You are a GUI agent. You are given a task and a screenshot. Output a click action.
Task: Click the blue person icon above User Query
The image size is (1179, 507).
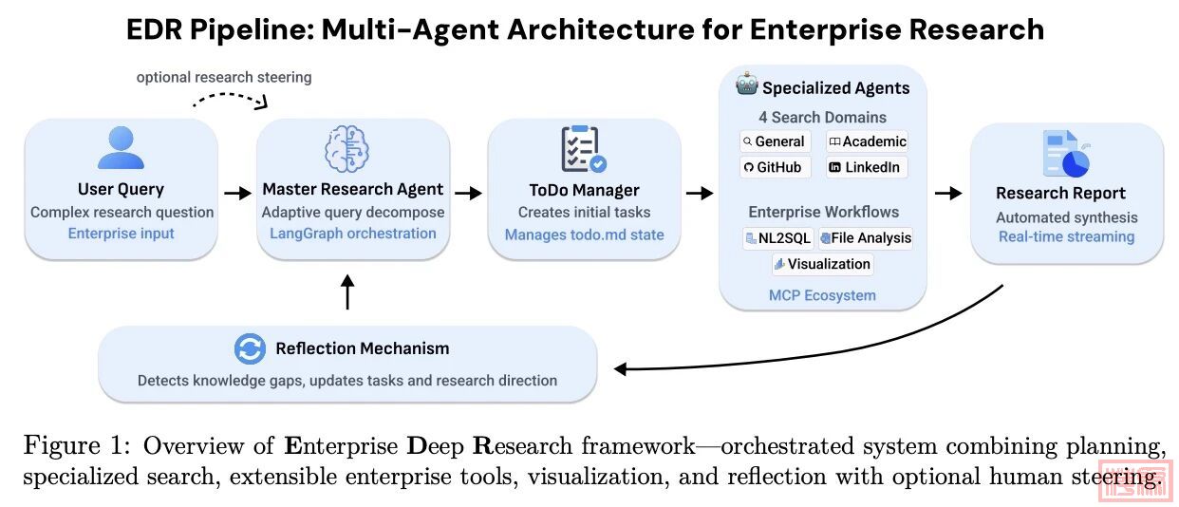121,148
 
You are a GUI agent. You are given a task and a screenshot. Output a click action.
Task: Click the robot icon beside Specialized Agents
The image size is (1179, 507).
746,86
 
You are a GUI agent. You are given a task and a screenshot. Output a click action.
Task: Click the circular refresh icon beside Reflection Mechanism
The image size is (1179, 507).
250,349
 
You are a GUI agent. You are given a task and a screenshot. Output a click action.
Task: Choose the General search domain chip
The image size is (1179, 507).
774,141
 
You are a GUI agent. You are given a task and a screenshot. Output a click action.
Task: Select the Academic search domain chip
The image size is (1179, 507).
867,141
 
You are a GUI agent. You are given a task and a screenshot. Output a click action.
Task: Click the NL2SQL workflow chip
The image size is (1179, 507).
777,237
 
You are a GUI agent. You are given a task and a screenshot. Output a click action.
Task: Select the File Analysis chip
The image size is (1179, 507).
865,237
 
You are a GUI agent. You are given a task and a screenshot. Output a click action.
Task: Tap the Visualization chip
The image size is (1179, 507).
822,264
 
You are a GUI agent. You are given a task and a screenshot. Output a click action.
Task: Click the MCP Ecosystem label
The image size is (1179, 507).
822,295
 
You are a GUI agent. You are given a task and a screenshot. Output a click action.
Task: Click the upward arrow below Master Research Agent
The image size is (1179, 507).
346,291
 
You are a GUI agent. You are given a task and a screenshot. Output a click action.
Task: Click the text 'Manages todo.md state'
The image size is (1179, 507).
584,235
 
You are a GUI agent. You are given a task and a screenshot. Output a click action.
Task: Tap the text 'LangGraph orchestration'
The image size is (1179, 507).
352,234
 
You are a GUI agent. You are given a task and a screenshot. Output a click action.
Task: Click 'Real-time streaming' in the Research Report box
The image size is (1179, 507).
1066,236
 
